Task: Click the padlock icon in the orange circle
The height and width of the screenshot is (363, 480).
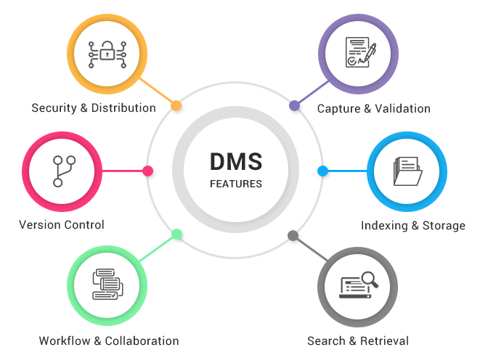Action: (107, 53)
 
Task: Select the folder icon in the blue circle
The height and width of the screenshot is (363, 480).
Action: (408, 171)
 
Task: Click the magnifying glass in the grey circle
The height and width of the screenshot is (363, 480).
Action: (370, 278)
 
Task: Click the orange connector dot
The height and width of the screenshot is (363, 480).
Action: (176, 106)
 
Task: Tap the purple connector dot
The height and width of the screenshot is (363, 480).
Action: (294, 106)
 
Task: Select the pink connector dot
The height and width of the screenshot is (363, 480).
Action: (147, 171)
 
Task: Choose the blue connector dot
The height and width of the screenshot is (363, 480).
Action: (322, 171)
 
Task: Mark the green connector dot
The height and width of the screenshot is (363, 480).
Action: (176, 234)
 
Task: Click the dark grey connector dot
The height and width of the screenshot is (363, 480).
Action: (293, 235)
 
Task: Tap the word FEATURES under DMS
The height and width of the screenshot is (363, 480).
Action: (235, 184)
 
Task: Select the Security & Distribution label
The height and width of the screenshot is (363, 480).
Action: (94, 108)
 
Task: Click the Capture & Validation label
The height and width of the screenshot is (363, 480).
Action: (374, 109)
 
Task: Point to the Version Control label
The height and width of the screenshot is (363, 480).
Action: (62, 225)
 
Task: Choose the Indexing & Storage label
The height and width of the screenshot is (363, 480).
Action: (413, 226)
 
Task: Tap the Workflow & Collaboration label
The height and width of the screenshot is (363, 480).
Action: (109, 340)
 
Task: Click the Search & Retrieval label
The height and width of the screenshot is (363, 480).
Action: (358, 340)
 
